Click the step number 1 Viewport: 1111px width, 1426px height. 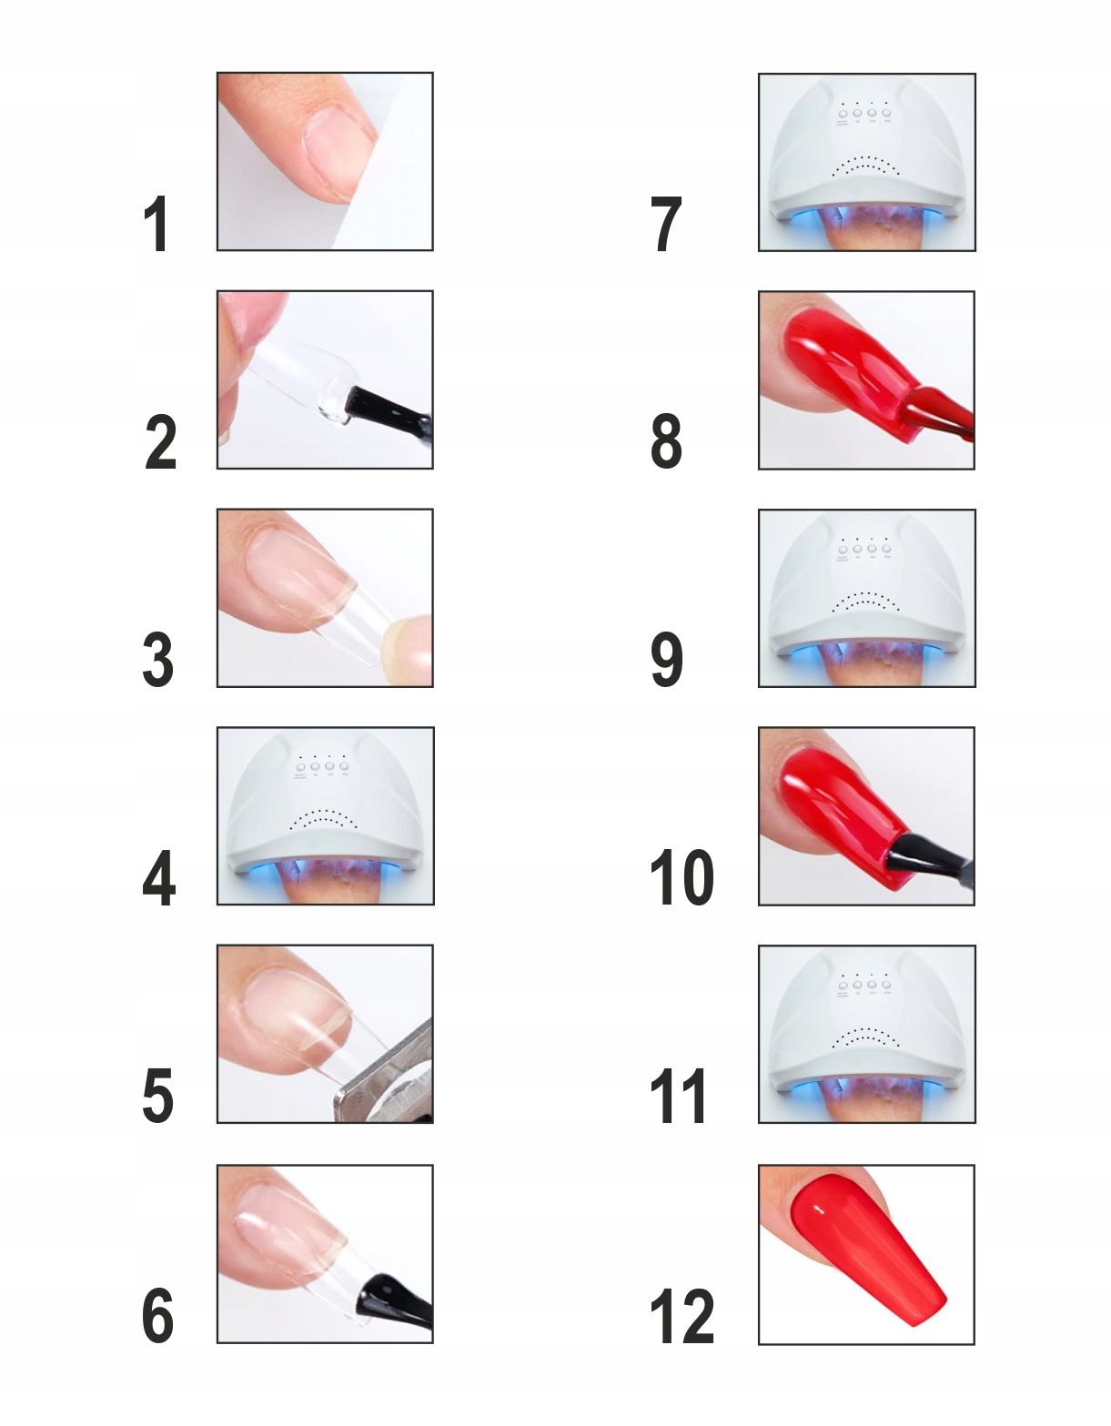tap(157, 224)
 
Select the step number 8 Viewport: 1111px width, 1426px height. tap(666, 441)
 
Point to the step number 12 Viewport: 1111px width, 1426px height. tap(681, 1316)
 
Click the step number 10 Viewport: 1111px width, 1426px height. tap(681, 877)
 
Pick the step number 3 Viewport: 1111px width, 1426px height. tap(158, 660)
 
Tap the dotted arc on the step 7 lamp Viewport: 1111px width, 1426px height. tap(865, 166)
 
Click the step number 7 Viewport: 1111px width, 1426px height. tap(666, 224)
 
